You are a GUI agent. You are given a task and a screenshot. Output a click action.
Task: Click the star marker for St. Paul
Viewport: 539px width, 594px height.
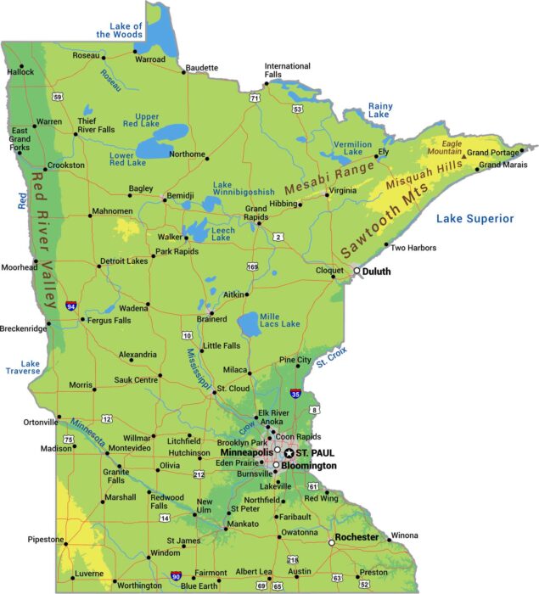[289, 453]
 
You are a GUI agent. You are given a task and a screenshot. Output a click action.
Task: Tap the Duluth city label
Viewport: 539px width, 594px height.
[376, 272]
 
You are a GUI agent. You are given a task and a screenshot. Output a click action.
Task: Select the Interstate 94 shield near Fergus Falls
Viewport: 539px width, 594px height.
[71, 305]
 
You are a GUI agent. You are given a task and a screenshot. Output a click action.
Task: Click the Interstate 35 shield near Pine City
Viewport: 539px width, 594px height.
[295, 394]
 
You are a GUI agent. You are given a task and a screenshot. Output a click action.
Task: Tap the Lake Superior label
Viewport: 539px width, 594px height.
[474, 219]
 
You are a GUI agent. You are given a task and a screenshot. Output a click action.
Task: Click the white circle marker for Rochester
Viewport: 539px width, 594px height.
[331, 542]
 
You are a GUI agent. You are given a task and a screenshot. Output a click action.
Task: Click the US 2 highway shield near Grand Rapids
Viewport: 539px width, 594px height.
[278, 236]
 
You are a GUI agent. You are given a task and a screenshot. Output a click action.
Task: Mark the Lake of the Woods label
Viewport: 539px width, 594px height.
[120, 30]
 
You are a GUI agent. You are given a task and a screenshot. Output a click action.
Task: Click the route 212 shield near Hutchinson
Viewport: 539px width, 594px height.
[199, 474]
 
